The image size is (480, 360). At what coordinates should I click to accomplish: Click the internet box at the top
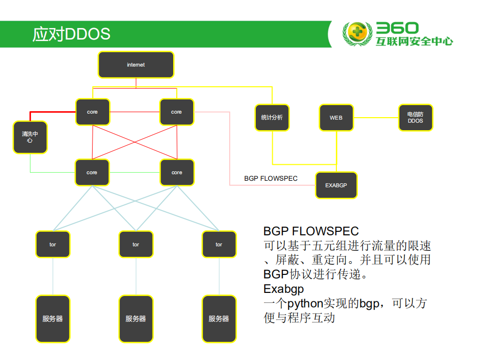tap(136, 65)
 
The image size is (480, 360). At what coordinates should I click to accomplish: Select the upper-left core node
tap(93, 112)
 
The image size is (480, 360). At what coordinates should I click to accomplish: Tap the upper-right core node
tap(176, 112)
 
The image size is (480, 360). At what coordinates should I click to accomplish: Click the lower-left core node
tap(92, 172)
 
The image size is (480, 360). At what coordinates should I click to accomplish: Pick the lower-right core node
tap(177, 172)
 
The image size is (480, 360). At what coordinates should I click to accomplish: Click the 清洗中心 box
tap(30, 137)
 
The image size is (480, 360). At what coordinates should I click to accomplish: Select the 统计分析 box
tap(272, 118)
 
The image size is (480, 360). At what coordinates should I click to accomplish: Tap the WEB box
tap(336, 118)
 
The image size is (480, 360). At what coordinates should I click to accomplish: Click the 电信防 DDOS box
tap(415, 118)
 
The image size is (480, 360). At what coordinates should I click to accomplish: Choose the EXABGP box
tap(336, 185)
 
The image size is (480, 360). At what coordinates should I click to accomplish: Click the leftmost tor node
tap(53, 244)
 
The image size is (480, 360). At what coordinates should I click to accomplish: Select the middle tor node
tap(136, 244)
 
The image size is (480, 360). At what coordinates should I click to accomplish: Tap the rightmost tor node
tap(219, 244)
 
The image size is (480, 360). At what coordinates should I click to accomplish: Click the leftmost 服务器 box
tap(53, 319)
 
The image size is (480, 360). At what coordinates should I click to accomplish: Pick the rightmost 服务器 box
tap(219, 319)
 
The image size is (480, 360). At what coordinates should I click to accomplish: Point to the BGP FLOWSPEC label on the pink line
tap(271, 178)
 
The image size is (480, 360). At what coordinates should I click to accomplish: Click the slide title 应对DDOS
tap(71, 34)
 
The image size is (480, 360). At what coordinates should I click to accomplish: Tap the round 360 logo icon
tap(357, 34)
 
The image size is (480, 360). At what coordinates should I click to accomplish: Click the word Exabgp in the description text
tap(283, 289)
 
